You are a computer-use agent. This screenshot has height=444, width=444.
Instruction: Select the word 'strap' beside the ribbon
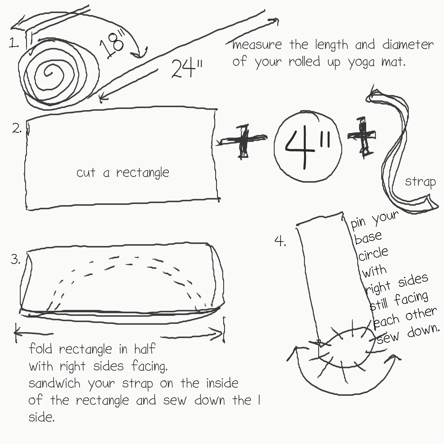pyautogui.click(x=420, y=182)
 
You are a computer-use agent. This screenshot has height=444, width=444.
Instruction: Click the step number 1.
pyautogui.click(x=14, y=44)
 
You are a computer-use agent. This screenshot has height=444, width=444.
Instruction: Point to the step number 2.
pyautogui.click(x=17, y=128)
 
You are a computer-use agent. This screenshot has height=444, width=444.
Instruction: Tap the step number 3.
pyautogui.click(x=15, y=259)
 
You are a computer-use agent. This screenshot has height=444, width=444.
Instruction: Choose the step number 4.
pyautogui.click(x=280, y=241)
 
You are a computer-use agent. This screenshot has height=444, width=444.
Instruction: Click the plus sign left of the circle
pyautogui.click(x=243, y=141)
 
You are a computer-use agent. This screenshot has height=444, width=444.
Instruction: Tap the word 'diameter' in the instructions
pyautogui.click(x=408, y=45)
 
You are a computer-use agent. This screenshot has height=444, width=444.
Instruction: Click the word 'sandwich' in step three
pyautogui.click(x=54, y=383)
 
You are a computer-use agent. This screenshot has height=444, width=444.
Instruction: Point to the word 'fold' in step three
pyautogui.click(x=41, y=349)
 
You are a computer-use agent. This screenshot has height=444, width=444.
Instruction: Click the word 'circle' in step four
pyautogui.click(x=373, y=254)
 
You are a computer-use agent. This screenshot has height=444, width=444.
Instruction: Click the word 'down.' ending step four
pyautogui.click(x=423, y=330)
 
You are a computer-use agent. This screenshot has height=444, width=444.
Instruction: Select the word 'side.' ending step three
pyautogui.click(x=41, y=417)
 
